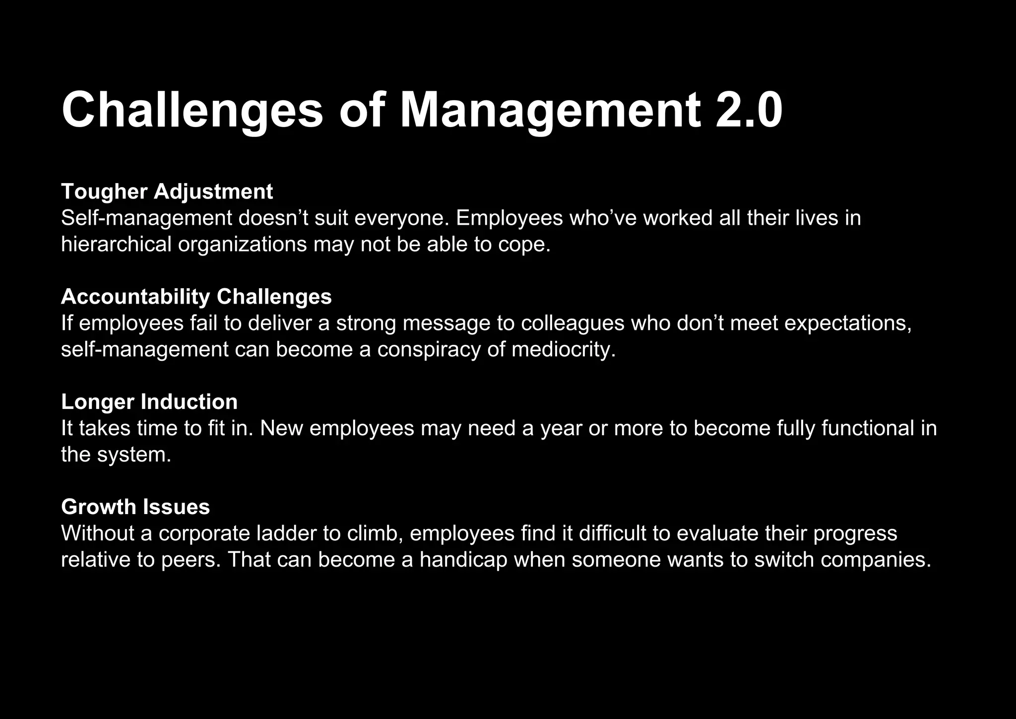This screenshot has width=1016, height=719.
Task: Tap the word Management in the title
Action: coord(550,110)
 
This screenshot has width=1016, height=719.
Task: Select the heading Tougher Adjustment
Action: coord(167,192)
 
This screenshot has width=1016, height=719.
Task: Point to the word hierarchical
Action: coord(116,245)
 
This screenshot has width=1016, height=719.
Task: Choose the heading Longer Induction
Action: coord(149,402)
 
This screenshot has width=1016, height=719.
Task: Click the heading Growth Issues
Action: coord(135,507)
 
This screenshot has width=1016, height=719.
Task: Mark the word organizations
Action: coord(242,245)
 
